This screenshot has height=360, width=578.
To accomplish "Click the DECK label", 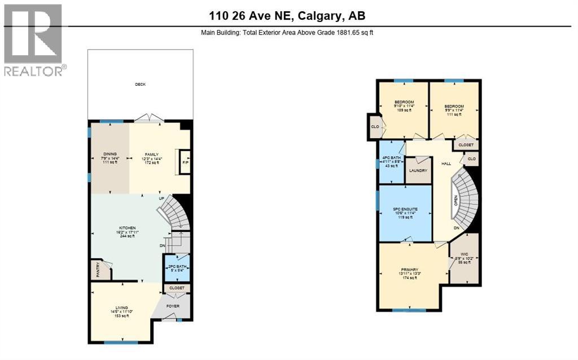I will click(140, 85).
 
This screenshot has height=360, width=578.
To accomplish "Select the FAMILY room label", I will click(151, 154).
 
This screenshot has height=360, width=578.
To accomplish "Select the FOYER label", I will click(172, 307).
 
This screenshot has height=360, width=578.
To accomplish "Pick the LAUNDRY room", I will click(418, 171).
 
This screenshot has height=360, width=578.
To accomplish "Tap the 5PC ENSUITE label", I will click(405, 209).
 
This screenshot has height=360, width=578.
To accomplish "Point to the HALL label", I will click(446, 164).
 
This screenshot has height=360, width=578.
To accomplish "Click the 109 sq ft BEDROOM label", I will click(404, 107).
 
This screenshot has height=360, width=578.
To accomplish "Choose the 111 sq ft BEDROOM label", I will click(453, 107).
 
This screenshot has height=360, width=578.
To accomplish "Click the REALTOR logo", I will click(34, 39).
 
